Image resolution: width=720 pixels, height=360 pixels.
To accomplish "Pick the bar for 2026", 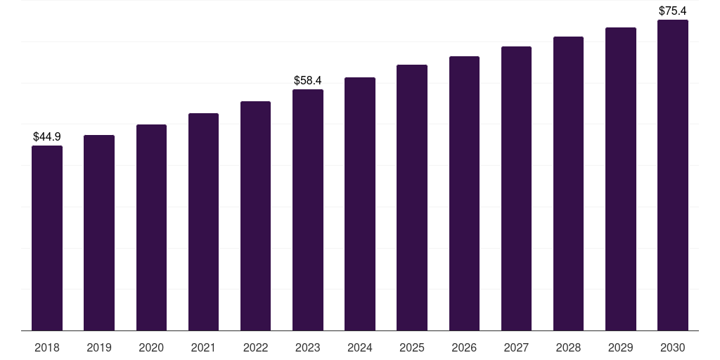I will [x=464, y=193].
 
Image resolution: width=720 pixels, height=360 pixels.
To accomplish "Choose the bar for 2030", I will [x=673, y=175].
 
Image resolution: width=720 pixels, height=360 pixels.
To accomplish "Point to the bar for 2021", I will [x=203, y=221].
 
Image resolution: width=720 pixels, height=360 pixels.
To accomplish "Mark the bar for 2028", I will [x=568, y=184].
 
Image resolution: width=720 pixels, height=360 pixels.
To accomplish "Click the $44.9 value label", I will [x=47, y=136].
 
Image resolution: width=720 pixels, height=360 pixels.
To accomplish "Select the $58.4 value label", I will [x=308, y=80].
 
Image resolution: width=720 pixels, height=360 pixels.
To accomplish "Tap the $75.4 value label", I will [x=673, y=11].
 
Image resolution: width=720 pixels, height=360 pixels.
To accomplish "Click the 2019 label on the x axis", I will [x=99, y=347].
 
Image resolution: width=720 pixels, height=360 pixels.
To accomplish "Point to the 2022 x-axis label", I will [x=255, y=347].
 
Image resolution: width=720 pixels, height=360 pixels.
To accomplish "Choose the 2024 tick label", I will [x=360, y=347].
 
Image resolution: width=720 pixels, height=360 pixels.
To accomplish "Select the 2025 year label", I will [x=412, y=347].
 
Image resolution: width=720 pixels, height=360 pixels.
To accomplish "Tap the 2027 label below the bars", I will [x=516, y=347].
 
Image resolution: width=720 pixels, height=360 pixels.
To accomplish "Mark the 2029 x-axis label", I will [x=620, y=347].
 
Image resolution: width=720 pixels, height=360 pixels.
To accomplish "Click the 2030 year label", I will [x=673, y=347].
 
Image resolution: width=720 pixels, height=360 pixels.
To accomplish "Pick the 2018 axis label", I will [x=47, y=347].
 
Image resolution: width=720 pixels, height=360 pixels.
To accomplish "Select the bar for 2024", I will [x=360, y=204].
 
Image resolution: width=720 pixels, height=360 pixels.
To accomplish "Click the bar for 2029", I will [x=620, y=179].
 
